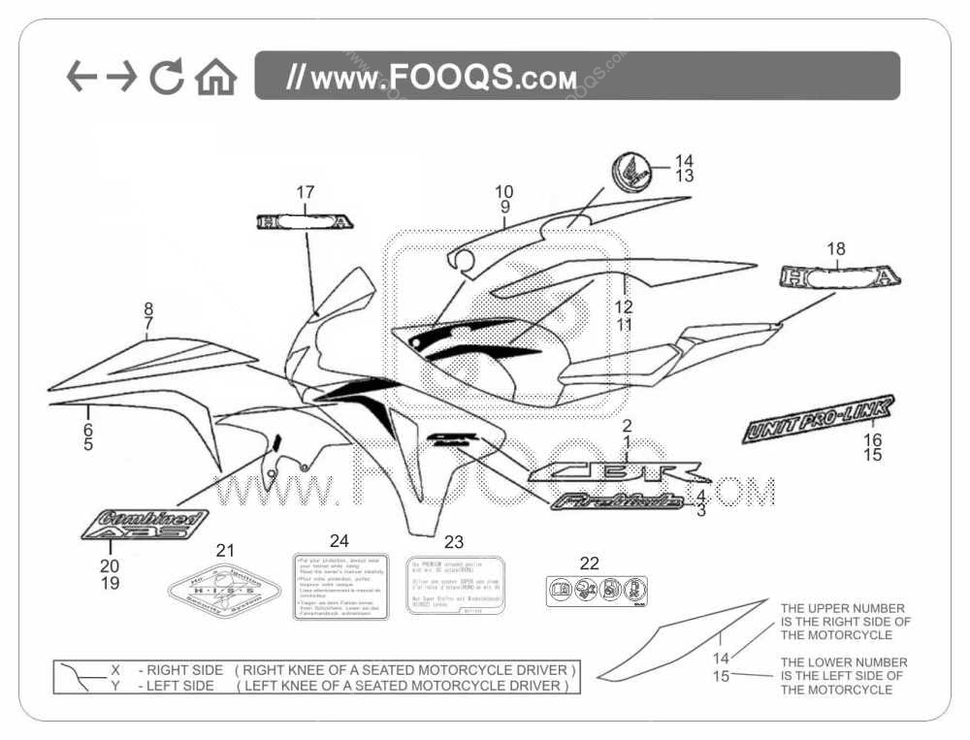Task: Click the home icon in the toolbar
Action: [215, 77]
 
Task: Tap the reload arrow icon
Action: [167, 77]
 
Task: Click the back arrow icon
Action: [81, 77]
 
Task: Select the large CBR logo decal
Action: [617, 472]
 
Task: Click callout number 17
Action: [306, 191]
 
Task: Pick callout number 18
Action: [835, 249]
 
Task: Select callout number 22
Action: [590, 563]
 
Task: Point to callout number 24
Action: [339, 540]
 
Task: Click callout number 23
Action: [453, 543]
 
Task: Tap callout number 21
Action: [225, 551]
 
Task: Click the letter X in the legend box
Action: [115, 670]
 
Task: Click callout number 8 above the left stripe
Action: [148, 309]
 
